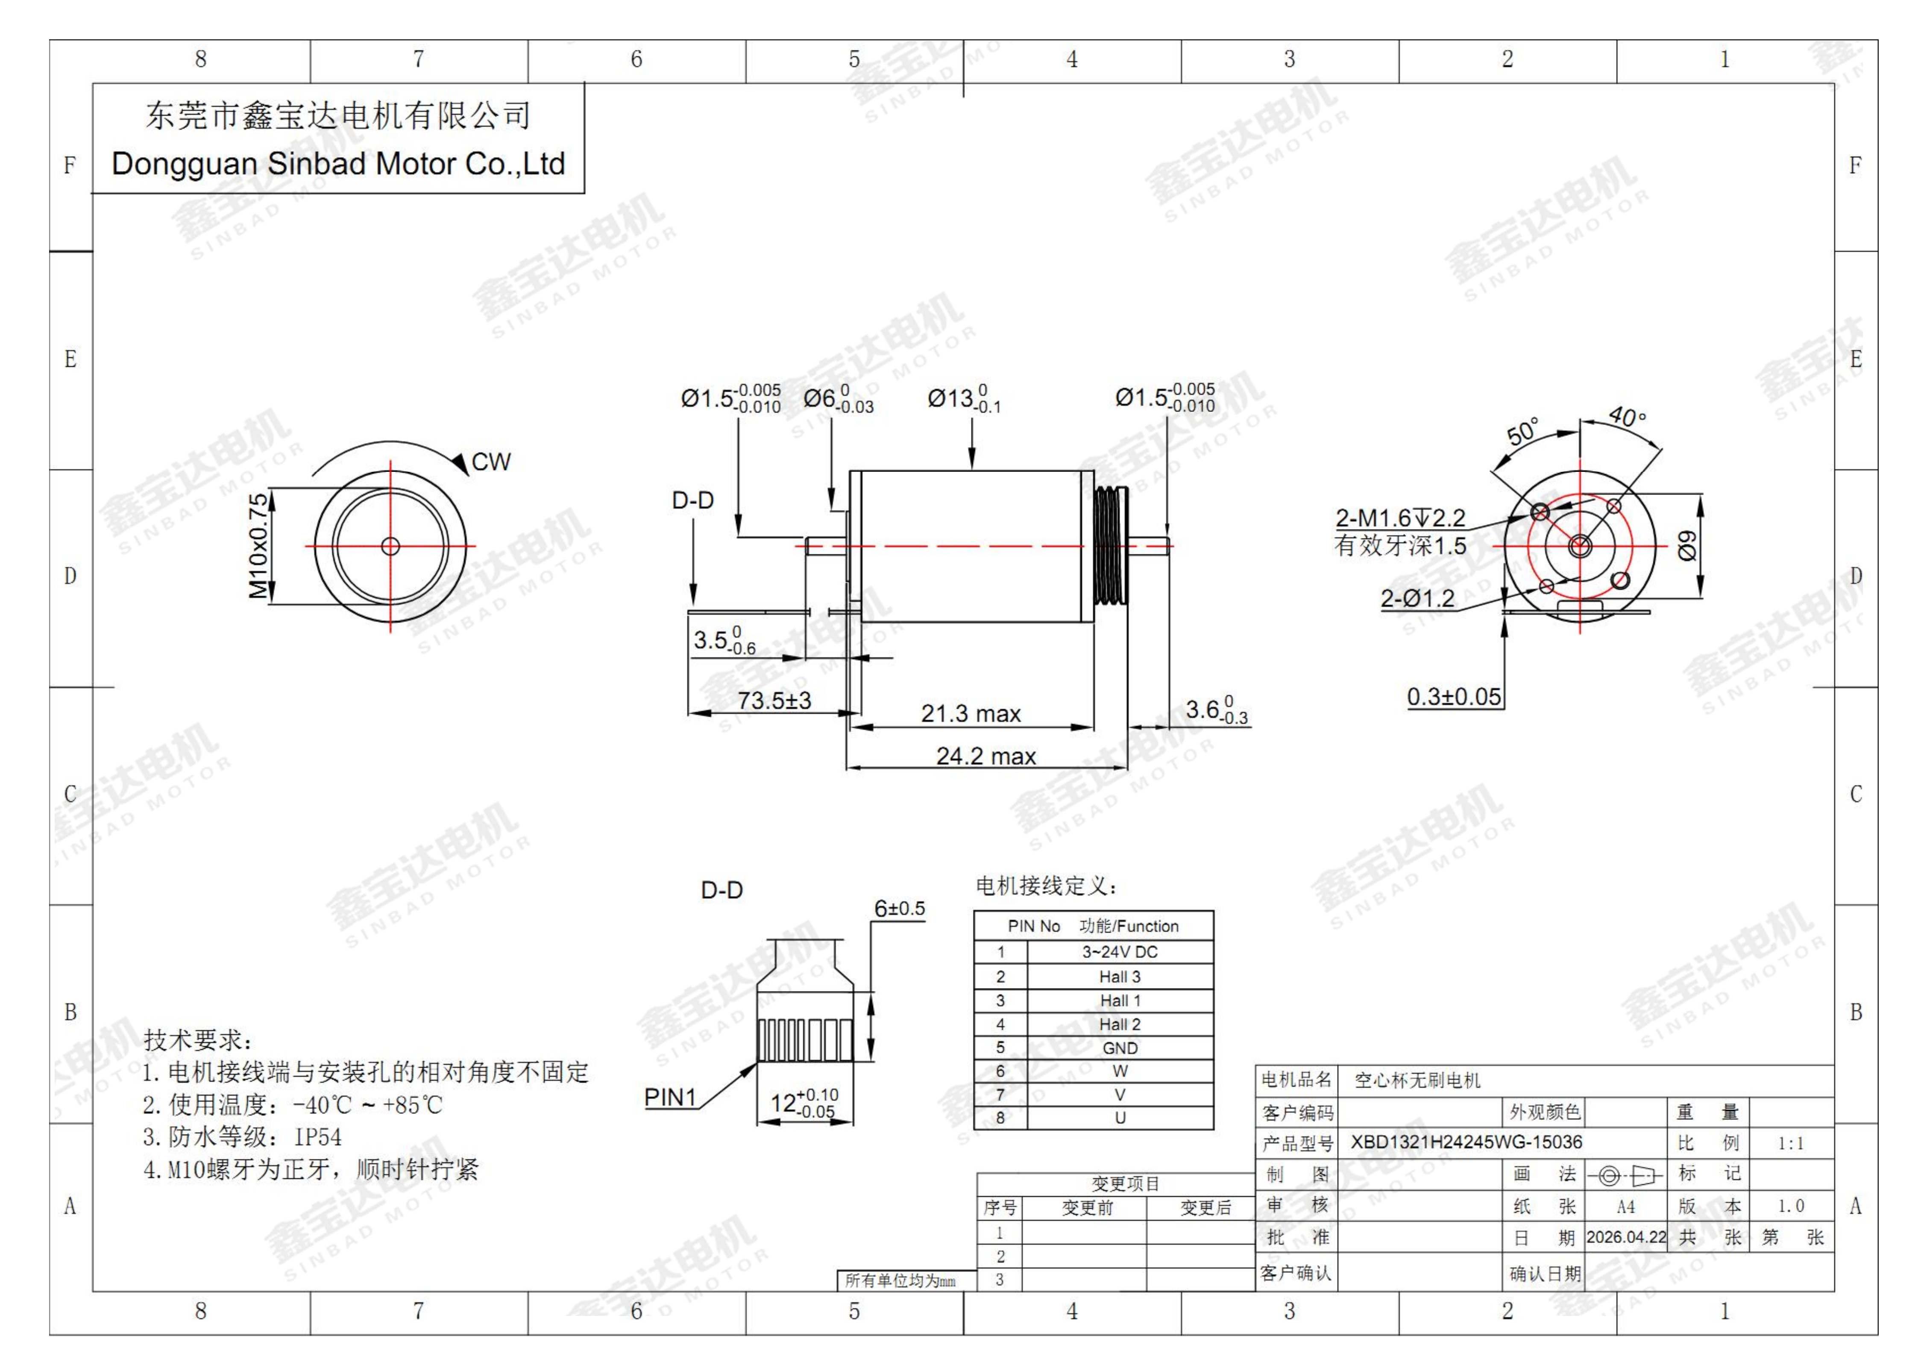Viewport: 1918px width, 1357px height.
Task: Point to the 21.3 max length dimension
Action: pos(971,714)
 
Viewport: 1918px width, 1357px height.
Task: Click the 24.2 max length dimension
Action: pos(986,756)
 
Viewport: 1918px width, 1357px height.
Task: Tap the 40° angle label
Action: pos(1627,416)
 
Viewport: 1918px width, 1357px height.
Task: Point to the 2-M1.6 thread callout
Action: pos(1400,518)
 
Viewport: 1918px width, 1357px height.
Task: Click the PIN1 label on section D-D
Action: pos(670,1097)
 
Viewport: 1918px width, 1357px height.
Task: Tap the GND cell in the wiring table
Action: pos(1119,1048)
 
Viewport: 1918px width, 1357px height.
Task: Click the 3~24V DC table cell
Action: pos(1119,952)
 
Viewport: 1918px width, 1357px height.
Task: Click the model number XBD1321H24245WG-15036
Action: pos(1466,1142)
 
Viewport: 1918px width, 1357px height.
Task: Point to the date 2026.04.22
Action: pos(1626,1237)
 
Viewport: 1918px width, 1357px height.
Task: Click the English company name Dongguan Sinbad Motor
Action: pos(338,164)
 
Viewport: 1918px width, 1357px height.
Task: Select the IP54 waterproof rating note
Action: pos(317,1137)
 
